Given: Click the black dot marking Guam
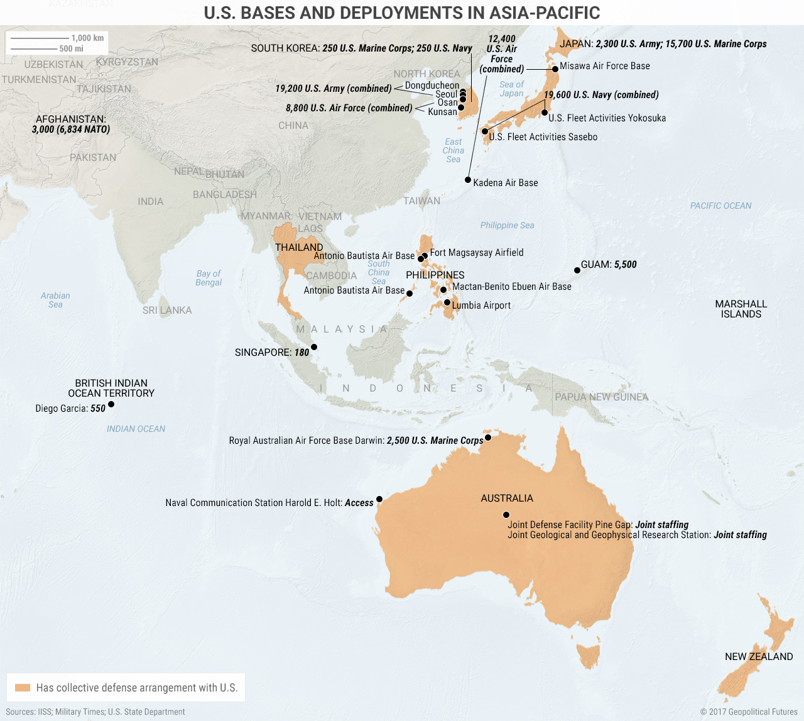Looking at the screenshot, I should (577, 270).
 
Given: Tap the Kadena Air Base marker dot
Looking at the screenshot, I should (468, 180).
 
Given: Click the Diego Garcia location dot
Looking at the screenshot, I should (111, 404).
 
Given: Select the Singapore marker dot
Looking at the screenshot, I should (314, 347).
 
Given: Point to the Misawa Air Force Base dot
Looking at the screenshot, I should (555, 69).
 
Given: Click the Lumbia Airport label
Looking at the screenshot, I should (481, 305).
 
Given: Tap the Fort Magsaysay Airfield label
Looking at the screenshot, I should (476, 253).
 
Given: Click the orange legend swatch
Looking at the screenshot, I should (23, 688).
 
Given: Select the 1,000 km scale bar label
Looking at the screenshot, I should (87, 38).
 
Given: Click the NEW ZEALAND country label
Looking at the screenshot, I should (759, 656).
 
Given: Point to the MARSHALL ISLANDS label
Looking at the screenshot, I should (741, 309).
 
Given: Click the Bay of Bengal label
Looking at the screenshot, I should (209, 278).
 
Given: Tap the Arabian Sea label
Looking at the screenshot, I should (55, 300).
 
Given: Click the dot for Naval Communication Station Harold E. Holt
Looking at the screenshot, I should (379, 500).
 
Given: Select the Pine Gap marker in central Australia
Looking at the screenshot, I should (506, 515).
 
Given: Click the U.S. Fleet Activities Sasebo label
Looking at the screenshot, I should (543, 137).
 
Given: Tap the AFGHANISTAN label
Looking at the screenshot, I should (70, 119).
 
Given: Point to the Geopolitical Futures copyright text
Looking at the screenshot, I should (748, 712).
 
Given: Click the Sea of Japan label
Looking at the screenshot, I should (511, 89).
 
